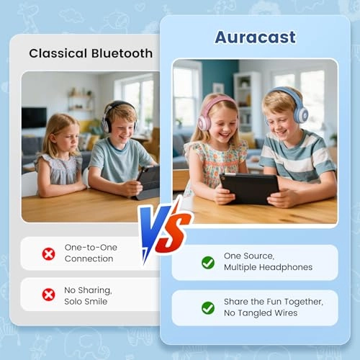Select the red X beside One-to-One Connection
[x=48, y=253]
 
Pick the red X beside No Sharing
[x=48, y=294]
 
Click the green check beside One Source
[x=208, y=262]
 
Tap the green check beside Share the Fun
[x=208, y=307]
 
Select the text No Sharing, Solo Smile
[x=86, y=294]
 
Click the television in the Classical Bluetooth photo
[x=35, y=117]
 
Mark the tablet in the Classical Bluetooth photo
[x=148, y=181]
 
